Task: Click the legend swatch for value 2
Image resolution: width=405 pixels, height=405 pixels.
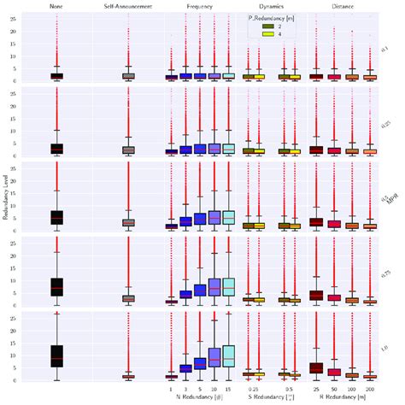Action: pyautogui.click(x=267, y=28)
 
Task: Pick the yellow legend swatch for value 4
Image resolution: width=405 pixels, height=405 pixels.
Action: pyautogui.click(x=267, y=37)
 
